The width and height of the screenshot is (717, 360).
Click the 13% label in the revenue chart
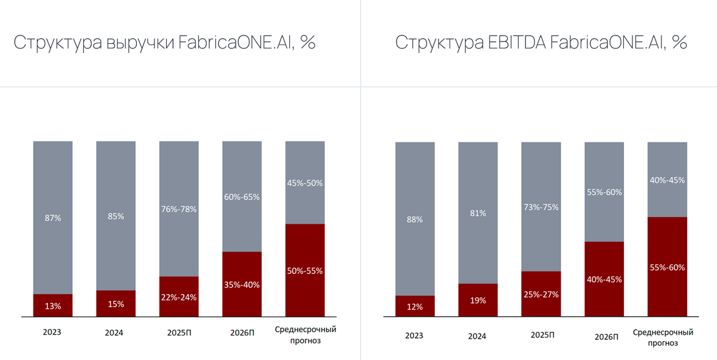52,306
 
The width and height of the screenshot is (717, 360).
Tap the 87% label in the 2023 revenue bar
52,218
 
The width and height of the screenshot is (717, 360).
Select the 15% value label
116,304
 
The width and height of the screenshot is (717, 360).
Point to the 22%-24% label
178,297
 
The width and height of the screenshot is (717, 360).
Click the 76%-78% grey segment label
178,209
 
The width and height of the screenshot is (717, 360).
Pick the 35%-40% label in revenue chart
242,284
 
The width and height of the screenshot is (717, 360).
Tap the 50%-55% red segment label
305,271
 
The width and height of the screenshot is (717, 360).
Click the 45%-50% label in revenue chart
305,183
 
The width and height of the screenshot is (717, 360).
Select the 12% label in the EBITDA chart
415,306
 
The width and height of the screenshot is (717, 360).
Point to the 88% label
415,219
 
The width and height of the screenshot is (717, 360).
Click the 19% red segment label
478,301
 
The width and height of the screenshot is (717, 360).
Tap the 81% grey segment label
478,213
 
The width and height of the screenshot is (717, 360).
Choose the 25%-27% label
541,294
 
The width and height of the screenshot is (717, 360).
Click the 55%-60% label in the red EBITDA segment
667,267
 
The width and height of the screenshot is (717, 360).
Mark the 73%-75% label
541,207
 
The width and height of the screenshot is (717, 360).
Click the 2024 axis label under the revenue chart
114,333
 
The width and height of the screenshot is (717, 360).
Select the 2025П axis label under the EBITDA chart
542,335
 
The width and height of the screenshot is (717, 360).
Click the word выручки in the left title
131,44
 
